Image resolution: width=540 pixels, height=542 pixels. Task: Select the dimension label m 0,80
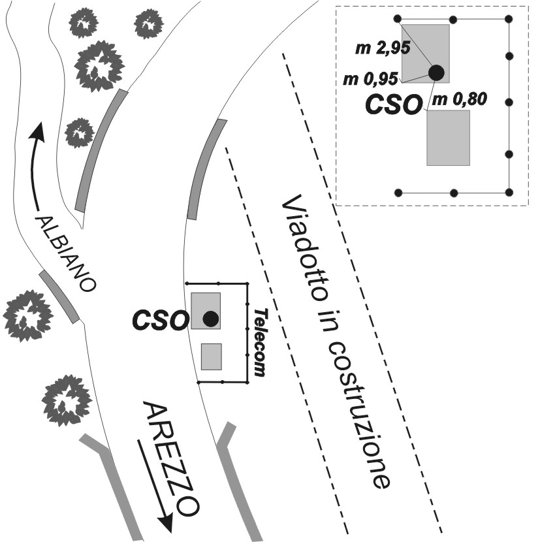[460, 99]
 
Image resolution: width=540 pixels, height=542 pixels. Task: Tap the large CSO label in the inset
[392, 105]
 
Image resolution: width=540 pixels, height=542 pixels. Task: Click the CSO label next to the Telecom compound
[160, 319]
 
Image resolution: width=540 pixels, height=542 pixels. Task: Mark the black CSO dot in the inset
[436, 72]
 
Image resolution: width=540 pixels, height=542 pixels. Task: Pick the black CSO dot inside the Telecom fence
[210, 319]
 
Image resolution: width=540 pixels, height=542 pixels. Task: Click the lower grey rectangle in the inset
[448, 138]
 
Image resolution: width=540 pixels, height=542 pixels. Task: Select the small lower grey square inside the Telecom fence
[212, 357]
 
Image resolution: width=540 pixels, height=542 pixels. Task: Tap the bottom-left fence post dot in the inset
[399, 193]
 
